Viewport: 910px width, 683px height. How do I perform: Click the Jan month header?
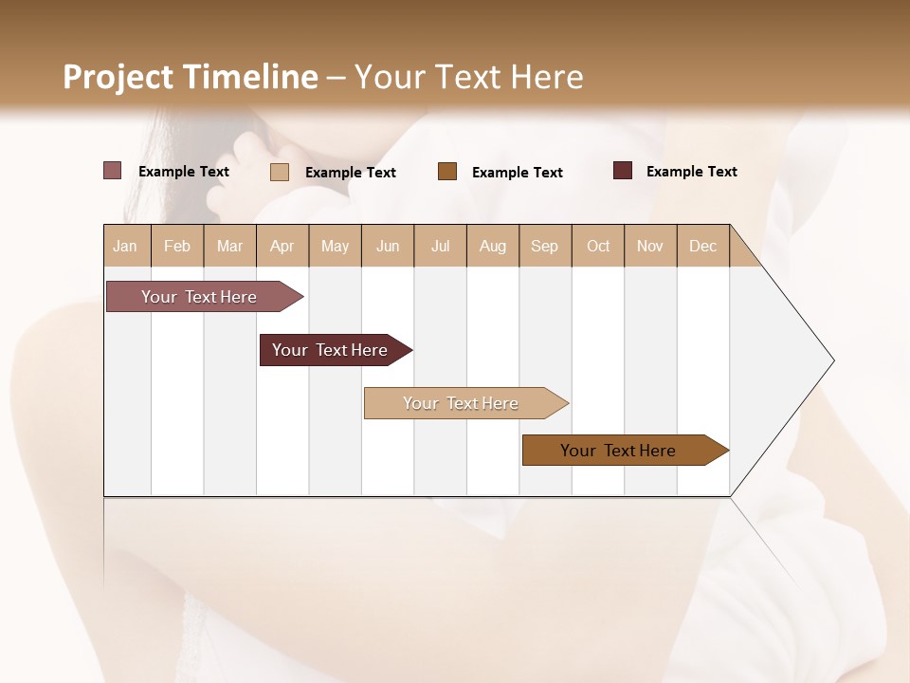(125, 246)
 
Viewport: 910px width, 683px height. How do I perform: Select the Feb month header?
(177, 246)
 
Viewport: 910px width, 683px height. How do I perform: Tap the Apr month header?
(282, 246)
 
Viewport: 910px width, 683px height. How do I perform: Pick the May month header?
(335, 246)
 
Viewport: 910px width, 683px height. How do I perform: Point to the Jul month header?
(440, 246)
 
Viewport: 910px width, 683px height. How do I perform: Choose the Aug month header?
(492, 246)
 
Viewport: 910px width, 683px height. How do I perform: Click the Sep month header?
(544, 246)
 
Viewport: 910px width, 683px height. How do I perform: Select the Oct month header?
(598, 246)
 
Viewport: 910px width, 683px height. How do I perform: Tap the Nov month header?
(649, 246)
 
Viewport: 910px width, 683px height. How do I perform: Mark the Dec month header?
(702, 246)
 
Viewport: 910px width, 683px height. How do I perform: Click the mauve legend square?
(113, 171)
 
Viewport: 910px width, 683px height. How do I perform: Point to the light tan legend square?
(279, 172)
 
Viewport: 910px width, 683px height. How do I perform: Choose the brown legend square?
(447, 172)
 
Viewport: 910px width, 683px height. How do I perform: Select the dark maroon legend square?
(623, 171)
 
